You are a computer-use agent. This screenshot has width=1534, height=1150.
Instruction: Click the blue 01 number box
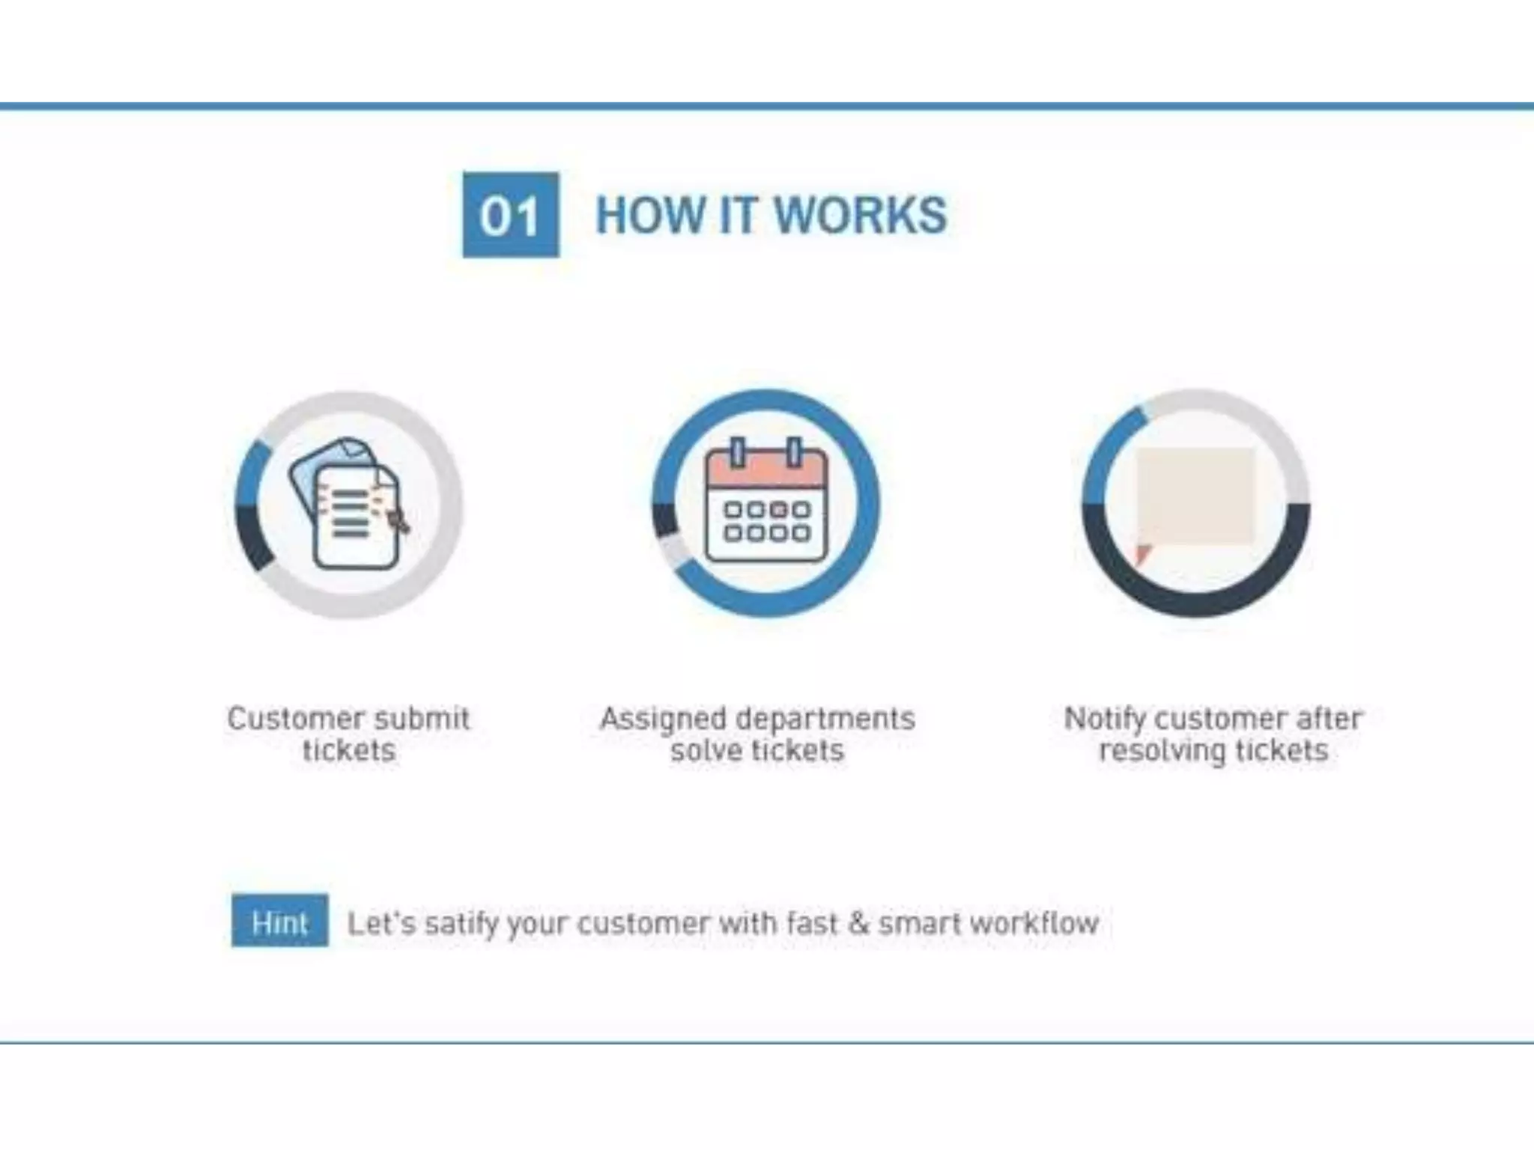(x=510, y=215)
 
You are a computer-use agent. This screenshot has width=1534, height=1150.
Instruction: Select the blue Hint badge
(x=279, y=921)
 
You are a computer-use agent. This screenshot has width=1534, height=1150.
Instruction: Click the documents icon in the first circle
(x=349, y=505)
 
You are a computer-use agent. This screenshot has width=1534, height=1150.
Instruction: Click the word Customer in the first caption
(x=280, y=719)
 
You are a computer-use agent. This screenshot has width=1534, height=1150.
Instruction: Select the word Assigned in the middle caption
(x=662, y=719)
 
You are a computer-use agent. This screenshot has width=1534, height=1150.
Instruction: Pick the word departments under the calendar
(x=825, y=719)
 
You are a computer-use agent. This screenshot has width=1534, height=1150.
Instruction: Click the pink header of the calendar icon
(x=766, y=470)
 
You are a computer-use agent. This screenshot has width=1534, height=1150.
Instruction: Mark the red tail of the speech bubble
(x=1142, y=555)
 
